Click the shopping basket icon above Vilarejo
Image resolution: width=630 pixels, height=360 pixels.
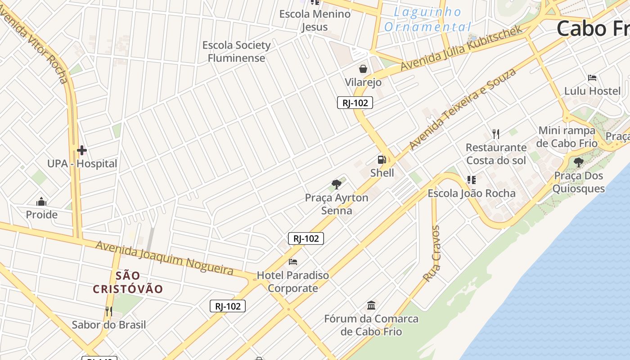tap(363, 69)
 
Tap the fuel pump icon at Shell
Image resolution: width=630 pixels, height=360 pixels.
tap(382, 159)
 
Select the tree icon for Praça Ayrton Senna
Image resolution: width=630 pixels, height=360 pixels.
tap(336, 184)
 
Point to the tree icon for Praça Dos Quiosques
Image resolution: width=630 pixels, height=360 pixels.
tap(578, 162)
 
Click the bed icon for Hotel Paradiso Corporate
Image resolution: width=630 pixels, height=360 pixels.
tap(293, 261)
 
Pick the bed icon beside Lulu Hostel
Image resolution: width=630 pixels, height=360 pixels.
tap(592, 78)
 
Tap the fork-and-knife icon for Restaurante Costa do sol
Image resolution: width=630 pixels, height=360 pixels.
tap(496, 134)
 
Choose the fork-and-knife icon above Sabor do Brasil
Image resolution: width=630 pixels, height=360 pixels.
tap(108, 311)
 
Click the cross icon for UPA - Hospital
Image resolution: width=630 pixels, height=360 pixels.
tap(82, 150)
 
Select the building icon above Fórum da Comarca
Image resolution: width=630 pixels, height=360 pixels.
tap(371, 306)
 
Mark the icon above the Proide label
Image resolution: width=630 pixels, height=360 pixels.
tap(41, 201)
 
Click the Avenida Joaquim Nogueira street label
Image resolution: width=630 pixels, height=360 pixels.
tap(164, 258)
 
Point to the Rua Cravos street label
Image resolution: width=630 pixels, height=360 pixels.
tap(432, 254)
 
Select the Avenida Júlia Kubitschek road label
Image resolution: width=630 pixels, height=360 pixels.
tap(461, 48)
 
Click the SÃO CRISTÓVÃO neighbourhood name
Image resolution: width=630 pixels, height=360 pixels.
tap(128, 282)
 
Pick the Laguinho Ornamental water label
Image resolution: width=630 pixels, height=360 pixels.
tap(427, 19)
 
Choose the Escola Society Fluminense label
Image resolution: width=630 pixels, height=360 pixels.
tap(236, 51)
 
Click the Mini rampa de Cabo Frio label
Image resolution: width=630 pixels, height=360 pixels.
tap(567, 137)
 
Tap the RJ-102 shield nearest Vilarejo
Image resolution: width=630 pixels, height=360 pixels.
tap(355, 103)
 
